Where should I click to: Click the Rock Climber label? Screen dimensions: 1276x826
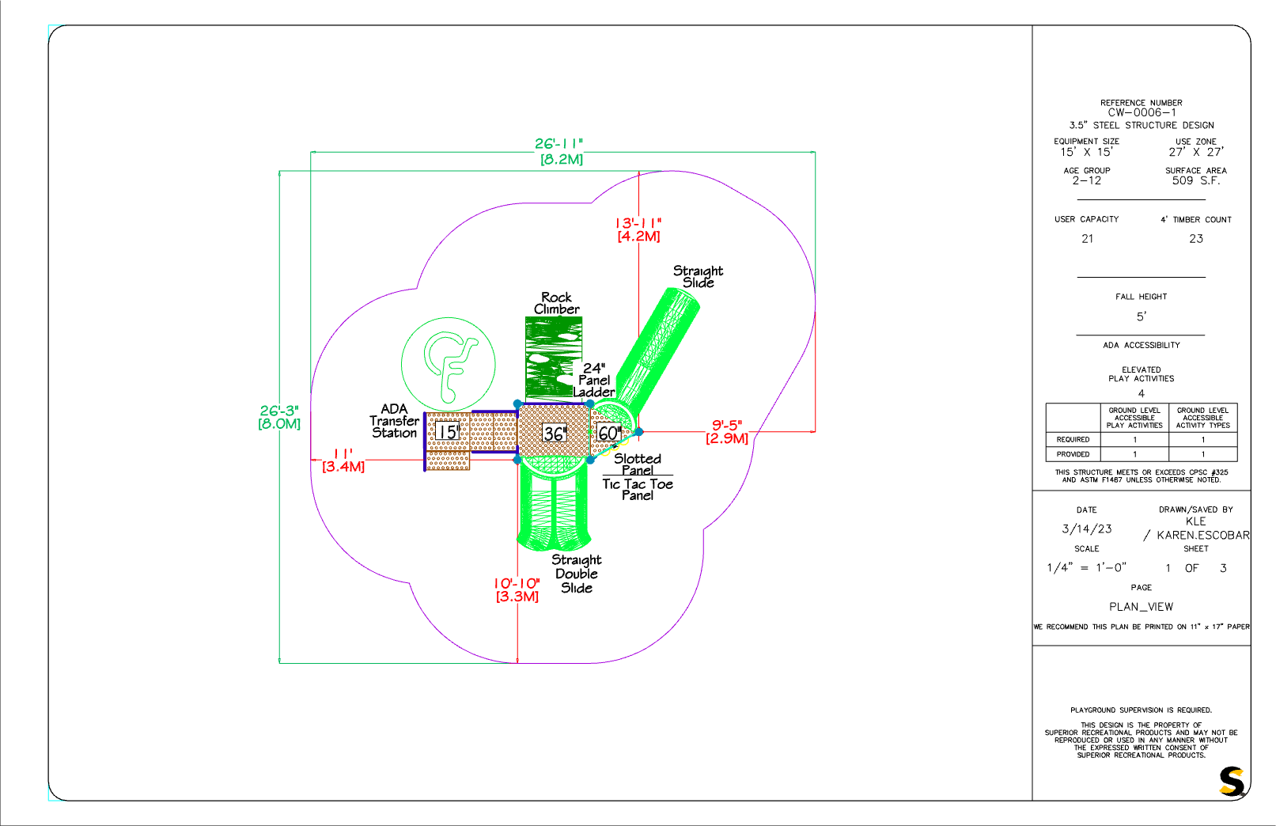click(x=557, y=303)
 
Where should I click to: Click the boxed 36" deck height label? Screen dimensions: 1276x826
click(x=554, y=434)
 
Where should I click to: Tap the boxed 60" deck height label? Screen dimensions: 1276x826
click(x=608, y=433)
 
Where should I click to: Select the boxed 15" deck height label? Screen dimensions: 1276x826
click(x=448, y=432)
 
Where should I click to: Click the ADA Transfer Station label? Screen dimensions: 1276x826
click(x=394, y=421)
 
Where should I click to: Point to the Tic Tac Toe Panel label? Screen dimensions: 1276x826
click(x=638, y=489)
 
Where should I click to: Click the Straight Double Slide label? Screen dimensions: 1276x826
click(x=576, y=574)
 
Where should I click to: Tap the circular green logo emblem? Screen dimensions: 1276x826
click(x=449, y=365)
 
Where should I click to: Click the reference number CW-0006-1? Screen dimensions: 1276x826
click(x=1141, y=113)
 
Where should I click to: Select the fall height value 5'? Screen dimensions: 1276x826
click(x=1141, y=316)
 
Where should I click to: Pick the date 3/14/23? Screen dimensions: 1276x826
click(x=1086, y=529)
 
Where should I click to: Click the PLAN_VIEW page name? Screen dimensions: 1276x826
click(x=1141, y=607)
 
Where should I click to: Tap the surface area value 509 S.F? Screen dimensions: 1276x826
click(x=1195, y=180)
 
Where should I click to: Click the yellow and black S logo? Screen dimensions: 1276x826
click(x=1232, y=781)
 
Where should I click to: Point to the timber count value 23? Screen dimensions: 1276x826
click(x=1195, y=239)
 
